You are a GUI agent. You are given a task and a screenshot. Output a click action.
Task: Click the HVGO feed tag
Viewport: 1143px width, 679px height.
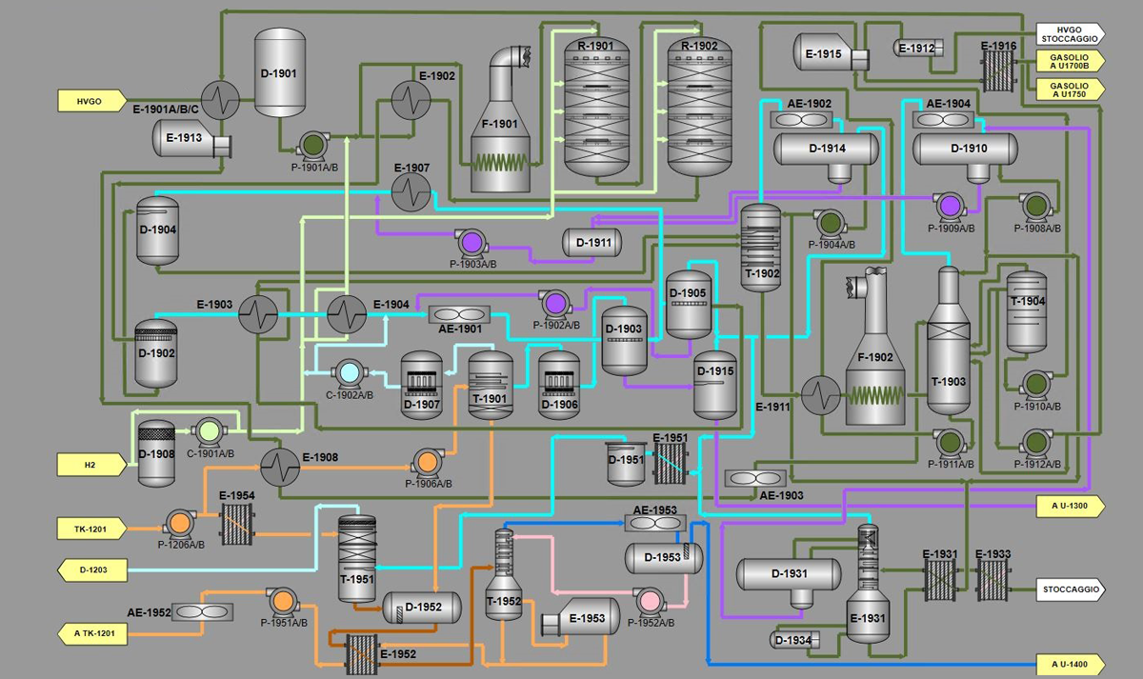pos(90,99)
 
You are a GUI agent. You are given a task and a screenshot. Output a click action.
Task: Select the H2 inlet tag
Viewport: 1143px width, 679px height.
pos(90,465)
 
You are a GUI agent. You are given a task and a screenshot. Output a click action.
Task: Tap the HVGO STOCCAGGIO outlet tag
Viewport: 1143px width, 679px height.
pos(1069,33)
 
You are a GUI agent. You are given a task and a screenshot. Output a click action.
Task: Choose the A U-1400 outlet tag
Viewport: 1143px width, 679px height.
pos(1069,664)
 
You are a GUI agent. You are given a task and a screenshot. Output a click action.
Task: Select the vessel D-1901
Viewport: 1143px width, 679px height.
pos(279,73)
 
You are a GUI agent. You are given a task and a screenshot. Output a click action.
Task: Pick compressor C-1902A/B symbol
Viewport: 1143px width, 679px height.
pos(350,373)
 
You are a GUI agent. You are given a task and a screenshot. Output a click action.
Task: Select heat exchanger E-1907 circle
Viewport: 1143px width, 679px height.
pos(411,193)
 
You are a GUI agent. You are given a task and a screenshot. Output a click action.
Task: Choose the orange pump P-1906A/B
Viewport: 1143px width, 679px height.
pos(427,463)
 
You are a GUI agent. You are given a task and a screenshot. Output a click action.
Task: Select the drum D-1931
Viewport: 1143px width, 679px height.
pos(790,574)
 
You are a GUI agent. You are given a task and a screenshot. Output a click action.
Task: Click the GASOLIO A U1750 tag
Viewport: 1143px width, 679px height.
pos(1069,89)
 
